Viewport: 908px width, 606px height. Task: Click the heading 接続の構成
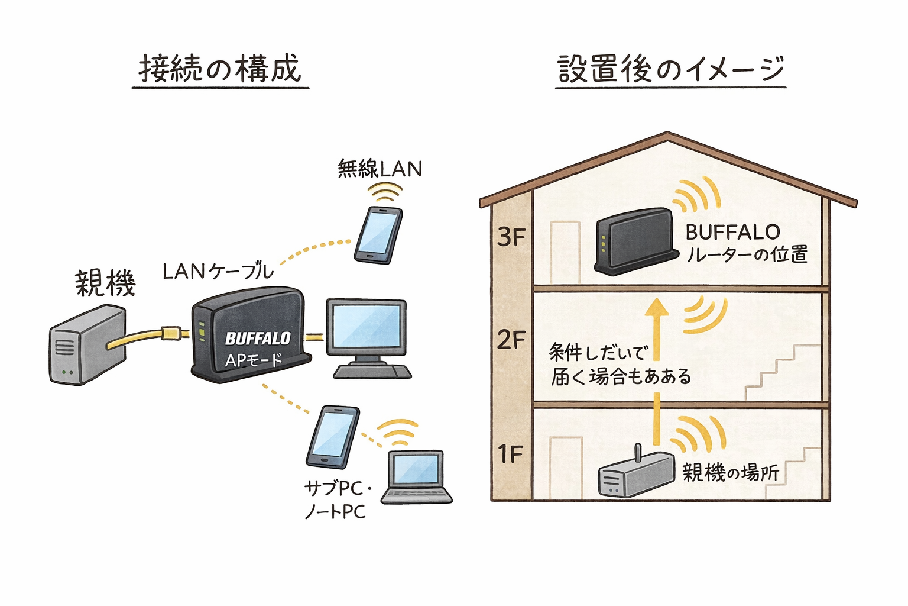click(x=220, y=69)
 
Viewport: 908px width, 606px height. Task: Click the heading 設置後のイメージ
click(x=670, y=69)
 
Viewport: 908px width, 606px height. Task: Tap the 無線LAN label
click(x=380, y=169)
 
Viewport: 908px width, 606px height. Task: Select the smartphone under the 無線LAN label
click(x=378, y=234)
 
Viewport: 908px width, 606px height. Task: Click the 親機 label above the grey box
click(x=105, y=283)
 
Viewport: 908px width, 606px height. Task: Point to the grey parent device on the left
click(x=87, y=344)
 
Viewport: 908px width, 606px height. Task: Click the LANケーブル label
click(x=218, y=272)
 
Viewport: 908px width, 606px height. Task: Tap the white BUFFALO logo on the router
click(x=258, y=339)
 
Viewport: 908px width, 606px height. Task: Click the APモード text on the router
click(x=254, y=360)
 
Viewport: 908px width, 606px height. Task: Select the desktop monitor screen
click(x=367, y=328)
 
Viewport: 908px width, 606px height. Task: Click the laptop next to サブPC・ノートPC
click(x=416, y=477)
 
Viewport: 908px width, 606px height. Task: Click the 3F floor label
click(x=511, y=238)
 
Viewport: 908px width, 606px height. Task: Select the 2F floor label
click(x=511, y=340)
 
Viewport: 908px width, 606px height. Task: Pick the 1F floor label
click(x=511, y=454)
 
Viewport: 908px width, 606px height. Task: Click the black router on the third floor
click(x=635, y=241)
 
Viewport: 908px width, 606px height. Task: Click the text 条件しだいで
click(x=598, y=353)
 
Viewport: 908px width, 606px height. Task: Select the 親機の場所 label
click(x=731, y=472)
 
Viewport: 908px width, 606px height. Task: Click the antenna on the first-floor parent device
click(x=638, y=453)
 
